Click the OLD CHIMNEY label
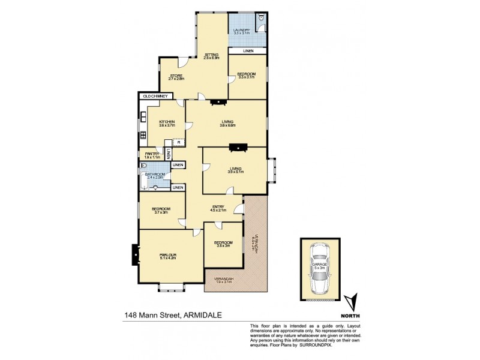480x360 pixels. (x=155, y=95)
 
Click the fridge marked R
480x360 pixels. (x=179, y=142)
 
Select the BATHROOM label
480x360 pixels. (x=155, y=175)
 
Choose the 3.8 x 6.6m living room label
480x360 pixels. (x=227, y=124)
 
